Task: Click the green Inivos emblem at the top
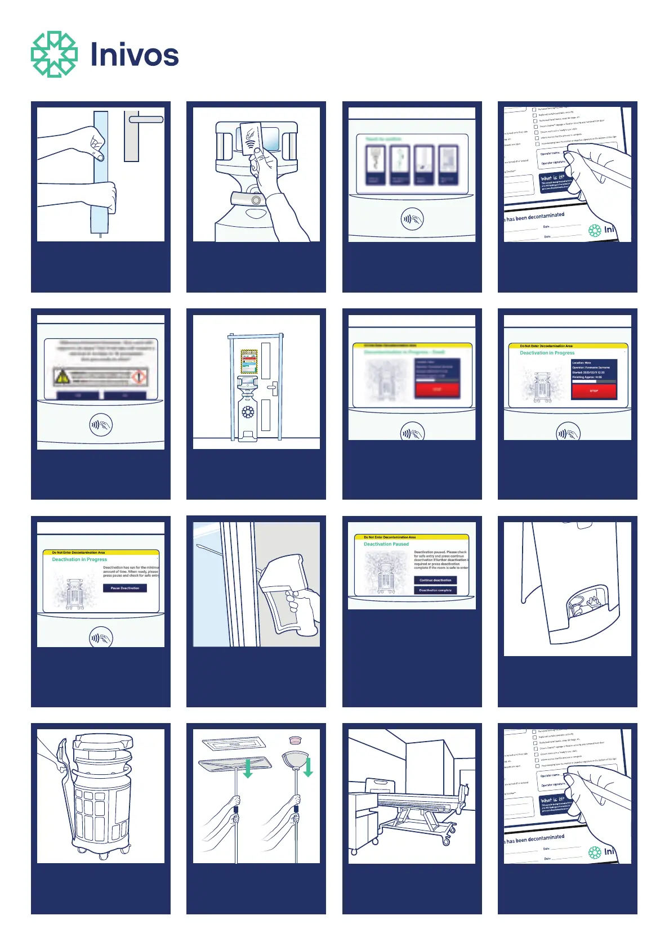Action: (54, 54)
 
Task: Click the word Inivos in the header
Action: (135, 55)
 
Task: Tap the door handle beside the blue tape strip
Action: (145, 119)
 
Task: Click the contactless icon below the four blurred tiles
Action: (412, 219)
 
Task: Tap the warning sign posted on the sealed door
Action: (249, 361)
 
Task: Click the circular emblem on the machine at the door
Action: (248, 412)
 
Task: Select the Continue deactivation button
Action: (435, 580)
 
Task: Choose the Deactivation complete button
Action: (435, 590)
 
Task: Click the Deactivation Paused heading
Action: (386, 544)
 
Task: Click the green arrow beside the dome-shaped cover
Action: (307, 766)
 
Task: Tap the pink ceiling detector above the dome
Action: (293, 739)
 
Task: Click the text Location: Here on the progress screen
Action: (582, 363)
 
